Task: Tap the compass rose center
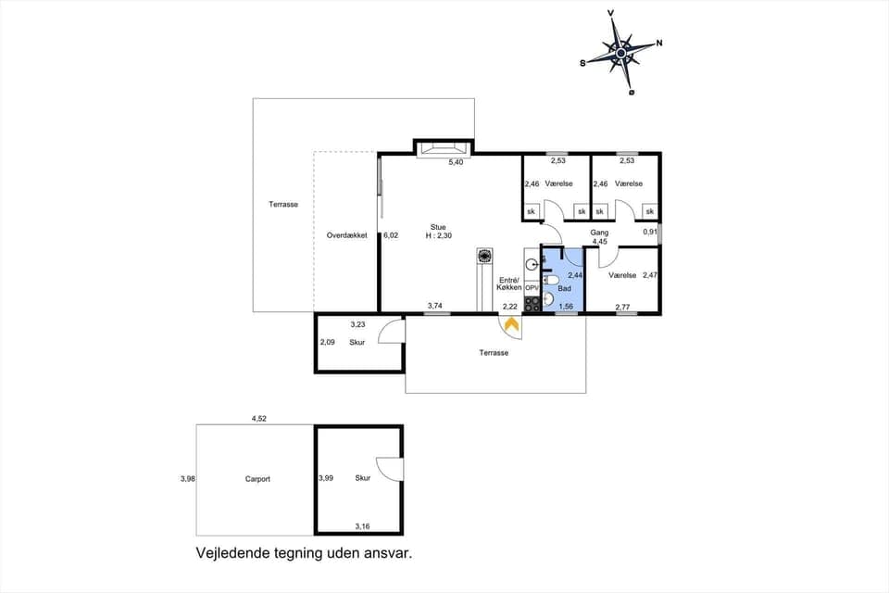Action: (x=620, y=53)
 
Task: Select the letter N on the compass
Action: (x=658, y=43)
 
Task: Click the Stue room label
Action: (x=438, y=226)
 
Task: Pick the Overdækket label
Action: (x=346, y=235)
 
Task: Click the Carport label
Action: (x=257, y=479)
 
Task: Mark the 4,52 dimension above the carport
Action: (x=259, y=419)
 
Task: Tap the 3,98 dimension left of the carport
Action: (x=187, y=479)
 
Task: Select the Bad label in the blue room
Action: (x=564, y=288)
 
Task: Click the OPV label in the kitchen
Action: (x=532, y=288)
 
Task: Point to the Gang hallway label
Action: (x=599, y=233)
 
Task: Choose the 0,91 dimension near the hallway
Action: (x=650, y=232)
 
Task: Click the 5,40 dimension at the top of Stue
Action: (x=456, y=163)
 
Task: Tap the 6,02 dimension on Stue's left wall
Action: (x=391, y=235)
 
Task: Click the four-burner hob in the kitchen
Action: (x=532, y=303)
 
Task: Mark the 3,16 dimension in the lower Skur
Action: (x=362, y=526)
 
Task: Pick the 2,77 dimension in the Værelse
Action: (x=622, y=306)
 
